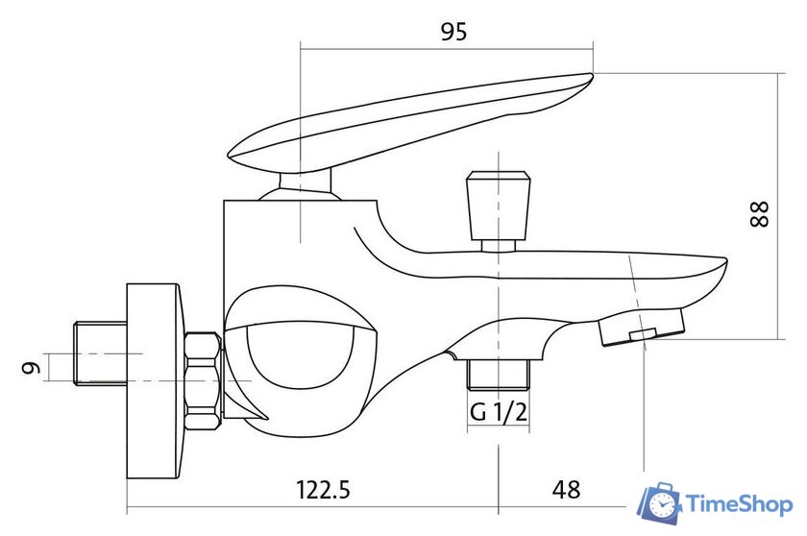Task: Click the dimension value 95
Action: tap(453, 32)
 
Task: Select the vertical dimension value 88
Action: tap(760, 213)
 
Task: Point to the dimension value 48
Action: tap(567, 489)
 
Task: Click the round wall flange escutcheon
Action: tap(155, 380)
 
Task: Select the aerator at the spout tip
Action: tap(642, 327)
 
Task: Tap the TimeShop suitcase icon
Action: tap(660, 503)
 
